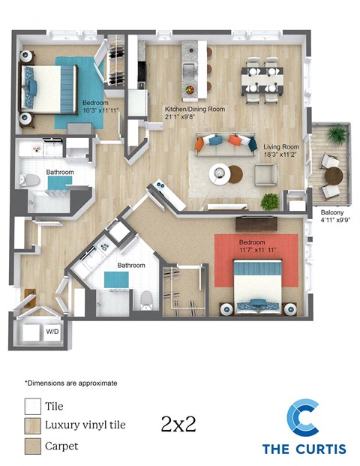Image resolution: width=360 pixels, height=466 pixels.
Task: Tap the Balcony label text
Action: pyautogui.click(x=334, y=212)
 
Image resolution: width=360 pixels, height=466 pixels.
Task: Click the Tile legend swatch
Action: pyautogui.click(x=33, y=406)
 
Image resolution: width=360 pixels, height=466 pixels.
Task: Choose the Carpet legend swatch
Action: pyautogui.click(x=33, y=446)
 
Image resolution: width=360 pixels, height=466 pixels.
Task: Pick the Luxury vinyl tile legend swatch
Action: pyautogui.click(x=33, y=425)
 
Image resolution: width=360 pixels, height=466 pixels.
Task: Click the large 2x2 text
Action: pyautogui.click(x=178, y=424)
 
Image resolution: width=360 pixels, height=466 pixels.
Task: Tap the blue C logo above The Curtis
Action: pyautogui.click(x=304, y=419)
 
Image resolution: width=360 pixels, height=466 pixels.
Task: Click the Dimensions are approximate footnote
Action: pyautogui.click(x=70, y=383)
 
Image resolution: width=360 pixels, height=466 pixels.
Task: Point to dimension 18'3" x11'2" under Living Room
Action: pyautogui.click(x=279, y=156)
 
